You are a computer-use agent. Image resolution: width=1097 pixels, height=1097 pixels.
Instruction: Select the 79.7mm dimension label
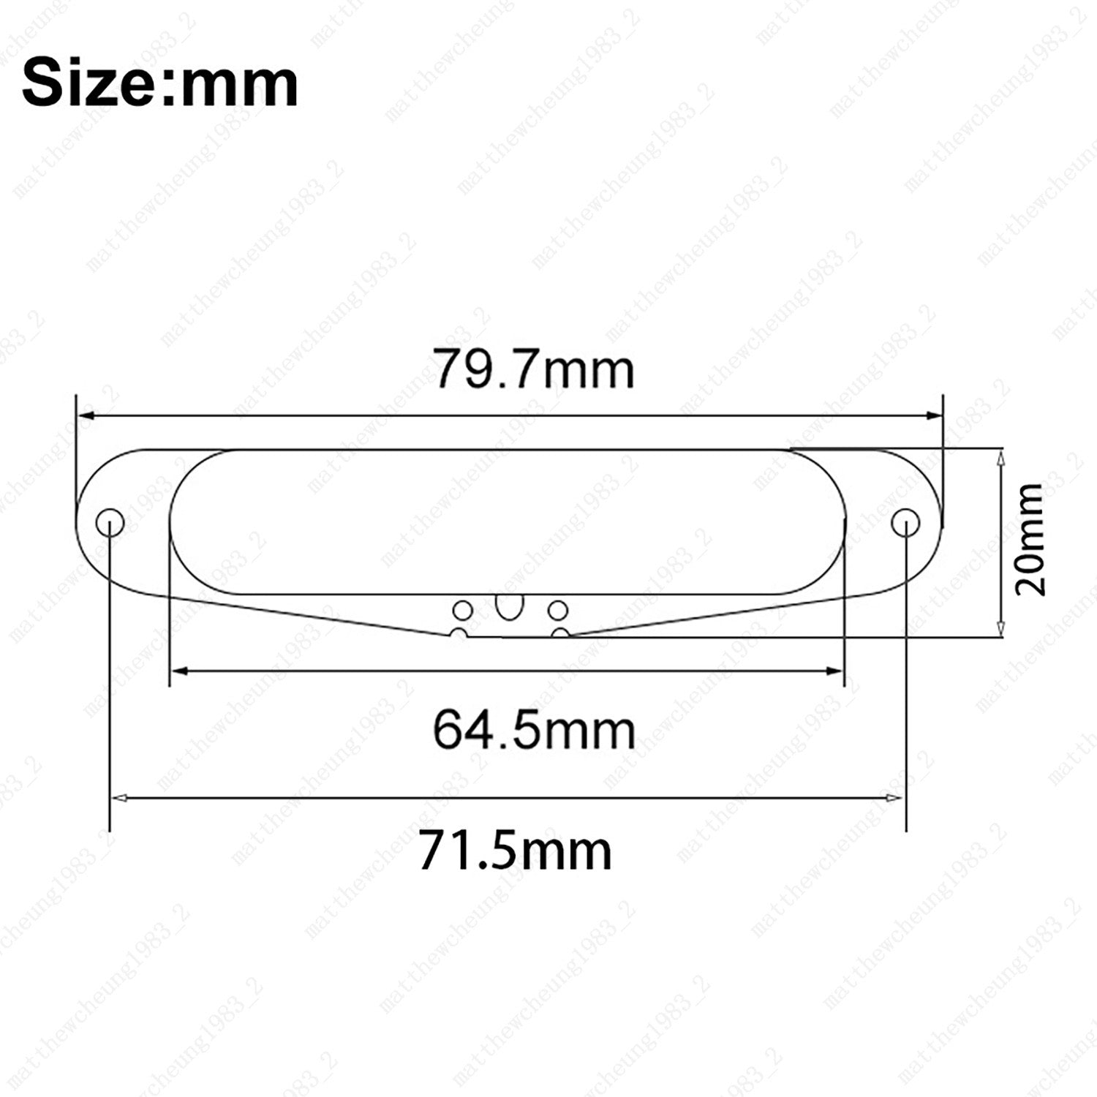(534, 369)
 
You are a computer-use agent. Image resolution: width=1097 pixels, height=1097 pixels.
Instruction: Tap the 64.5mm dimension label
(534, 729)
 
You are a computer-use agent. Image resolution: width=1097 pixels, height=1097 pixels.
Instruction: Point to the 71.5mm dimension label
(516, 851)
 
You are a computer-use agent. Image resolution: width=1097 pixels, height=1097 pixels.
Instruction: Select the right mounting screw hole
(905, 523)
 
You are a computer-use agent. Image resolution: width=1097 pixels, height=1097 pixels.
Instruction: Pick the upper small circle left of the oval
(462, 609)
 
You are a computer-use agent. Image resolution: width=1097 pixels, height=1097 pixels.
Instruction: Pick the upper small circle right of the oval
(558, 609)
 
